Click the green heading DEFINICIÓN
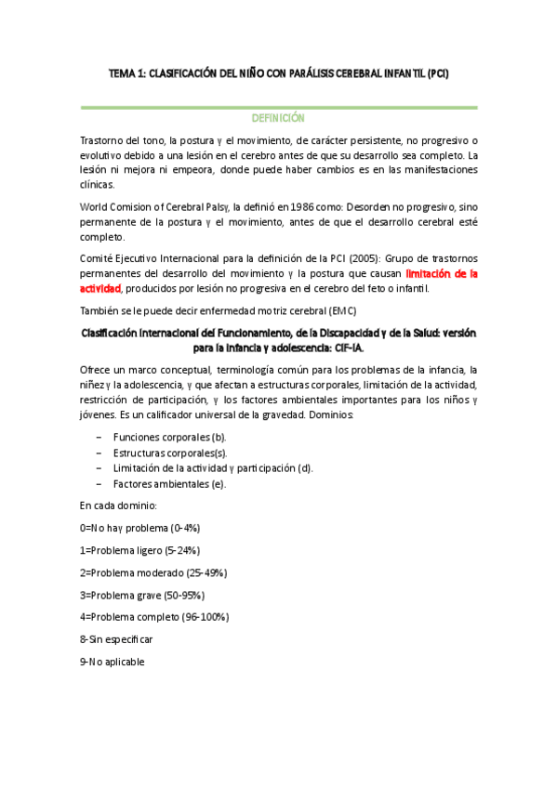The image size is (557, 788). pyautogui.click(x=278, y=119)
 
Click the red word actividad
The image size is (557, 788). pyautogui.click(x=101, y=289)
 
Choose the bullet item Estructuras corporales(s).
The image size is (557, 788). pyautogui.click(x=169, y=452)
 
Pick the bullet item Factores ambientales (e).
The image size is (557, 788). pyautogui.click(x=168, y=483)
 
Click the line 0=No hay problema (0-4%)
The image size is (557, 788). pyautogui.click(x=140, y=528)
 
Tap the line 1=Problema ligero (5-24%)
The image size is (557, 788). pyautogui.click(x=139, y=550)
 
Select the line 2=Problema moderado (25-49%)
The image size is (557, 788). pyautogui.click(x=153, y=572)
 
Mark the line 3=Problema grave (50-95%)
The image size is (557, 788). pyautogui.click(x=142, y=595)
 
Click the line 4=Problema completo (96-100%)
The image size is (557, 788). pyautogui.click(x=154, y=617)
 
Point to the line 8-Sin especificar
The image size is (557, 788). pyautogui.click(x=116, y=639)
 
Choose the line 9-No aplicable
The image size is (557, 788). pyautogui.click(x=113, y=662)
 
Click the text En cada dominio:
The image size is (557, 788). pyautogui.click(x=118, y=506)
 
